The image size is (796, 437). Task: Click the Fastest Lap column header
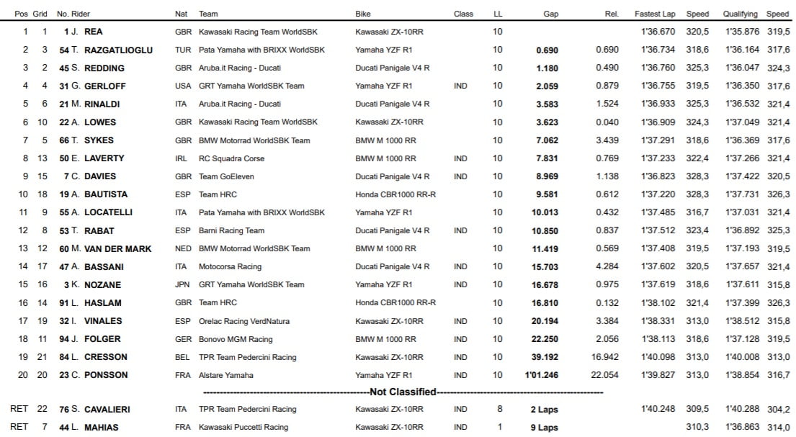(654, 14)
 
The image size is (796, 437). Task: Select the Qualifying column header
(741, 14)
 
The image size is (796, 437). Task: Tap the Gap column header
(551, 14)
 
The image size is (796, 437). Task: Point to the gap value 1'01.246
(542, 375)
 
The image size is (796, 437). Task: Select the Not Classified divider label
(403, 392)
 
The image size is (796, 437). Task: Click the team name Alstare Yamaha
(226, 375)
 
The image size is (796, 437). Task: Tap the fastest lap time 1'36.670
(658, 32)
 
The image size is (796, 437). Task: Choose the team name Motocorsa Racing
(230, 266)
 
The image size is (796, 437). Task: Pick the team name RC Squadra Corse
(231, 158)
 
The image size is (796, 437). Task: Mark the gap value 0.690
(547, 50)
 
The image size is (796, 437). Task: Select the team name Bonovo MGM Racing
(236, 339)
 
